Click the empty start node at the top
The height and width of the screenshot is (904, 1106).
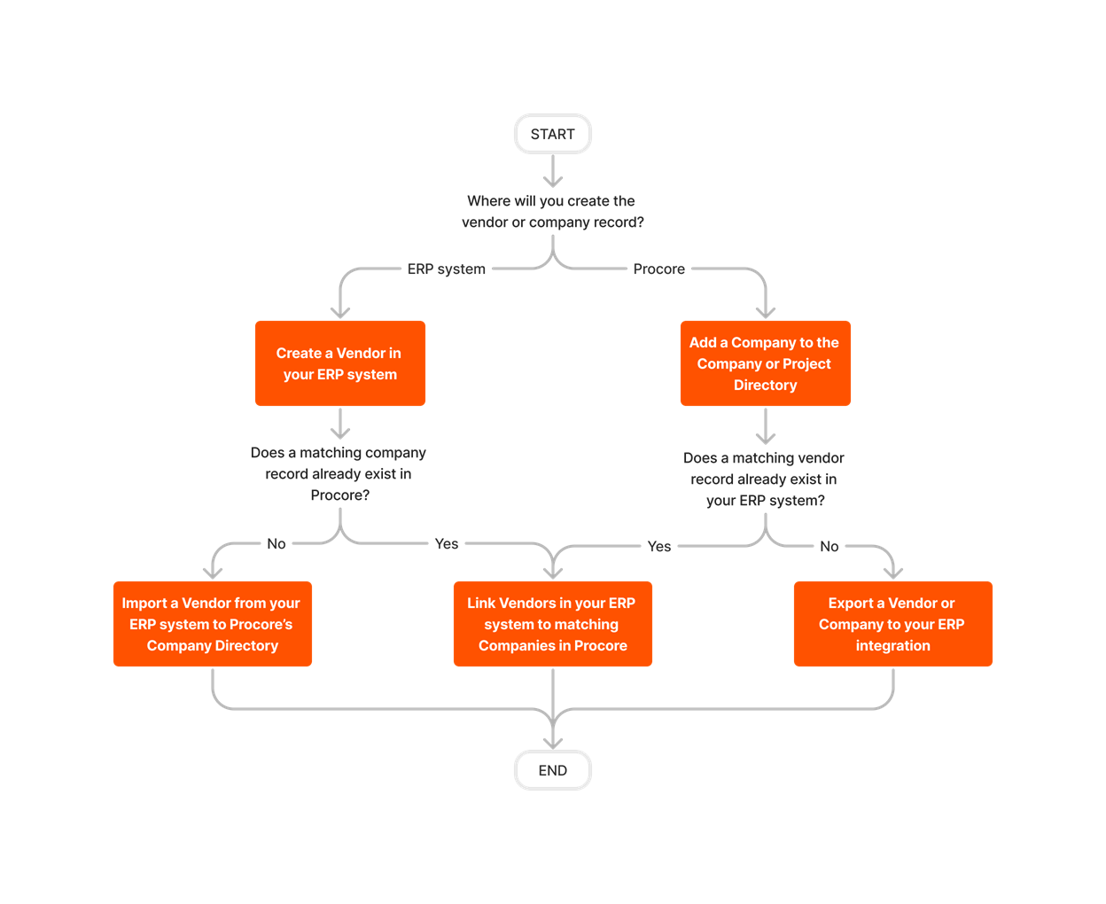[x=553, y=134]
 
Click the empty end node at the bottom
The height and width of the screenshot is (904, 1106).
[x=553, y=770]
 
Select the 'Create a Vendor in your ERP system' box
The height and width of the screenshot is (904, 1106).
[x=340, y=363]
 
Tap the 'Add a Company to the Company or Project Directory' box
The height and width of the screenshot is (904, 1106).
[x=766, y=363]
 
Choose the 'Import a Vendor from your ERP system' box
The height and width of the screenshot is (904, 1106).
[x=213, y=624]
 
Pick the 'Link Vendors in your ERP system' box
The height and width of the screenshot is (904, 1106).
[x=553, y=624]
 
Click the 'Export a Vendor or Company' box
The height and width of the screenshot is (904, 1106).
[x=893, y=624]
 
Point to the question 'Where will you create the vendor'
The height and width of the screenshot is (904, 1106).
[x=552, y=212]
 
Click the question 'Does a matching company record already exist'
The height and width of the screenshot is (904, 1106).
[x=339, y=473]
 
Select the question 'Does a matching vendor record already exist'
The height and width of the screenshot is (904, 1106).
[x=765, y=479]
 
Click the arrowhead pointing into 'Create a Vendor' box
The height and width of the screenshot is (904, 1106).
[x=340, y=311]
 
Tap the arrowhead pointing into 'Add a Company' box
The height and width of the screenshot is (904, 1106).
[x=766, y=311]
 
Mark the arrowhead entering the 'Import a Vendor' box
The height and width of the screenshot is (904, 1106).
[x=213, y=572]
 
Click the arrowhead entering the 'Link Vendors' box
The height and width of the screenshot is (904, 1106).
[x=553, y=572]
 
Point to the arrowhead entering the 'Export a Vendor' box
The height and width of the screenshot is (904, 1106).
[x=893, y=572]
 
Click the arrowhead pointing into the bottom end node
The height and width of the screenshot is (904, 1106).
[x=553, y=742]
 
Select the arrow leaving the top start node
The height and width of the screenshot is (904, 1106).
[x=553, y=170]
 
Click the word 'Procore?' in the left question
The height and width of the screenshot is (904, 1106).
[x=340, y=495]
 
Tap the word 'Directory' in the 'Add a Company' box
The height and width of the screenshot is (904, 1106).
[x=766, y=386]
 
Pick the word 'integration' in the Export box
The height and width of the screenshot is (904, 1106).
[x=893, y=646]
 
